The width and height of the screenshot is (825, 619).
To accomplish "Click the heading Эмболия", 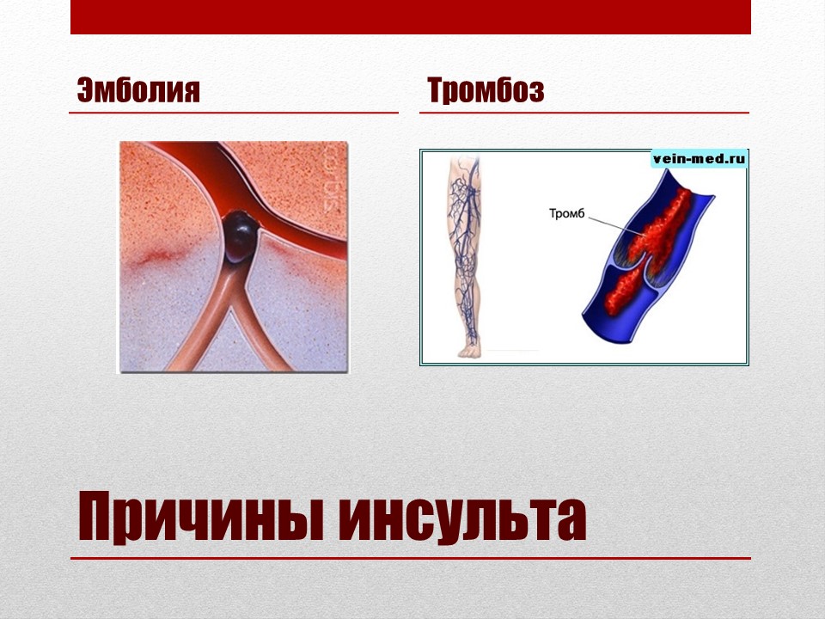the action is [138, 90].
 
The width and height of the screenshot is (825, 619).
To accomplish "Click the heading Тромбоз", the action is [486, 90].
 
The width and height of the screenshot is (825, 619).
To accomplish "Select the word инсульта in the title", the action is [462, 517].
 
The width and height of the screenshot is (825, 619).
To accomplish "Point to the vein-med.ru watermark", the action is [700, 158].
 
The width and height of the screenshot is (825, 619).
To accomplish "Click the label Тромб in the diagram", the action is [566, 214].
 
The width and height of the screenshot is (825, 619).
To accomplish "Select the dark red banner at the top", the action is [411, 17].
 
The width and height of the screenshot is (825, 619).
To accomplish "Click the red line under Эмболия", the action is [234, 113].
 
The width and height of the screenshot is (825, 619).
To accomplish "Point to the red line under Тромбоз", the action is [584, 113].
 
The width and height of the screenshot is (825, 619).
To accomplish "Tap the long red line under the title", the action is [411, 558].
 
